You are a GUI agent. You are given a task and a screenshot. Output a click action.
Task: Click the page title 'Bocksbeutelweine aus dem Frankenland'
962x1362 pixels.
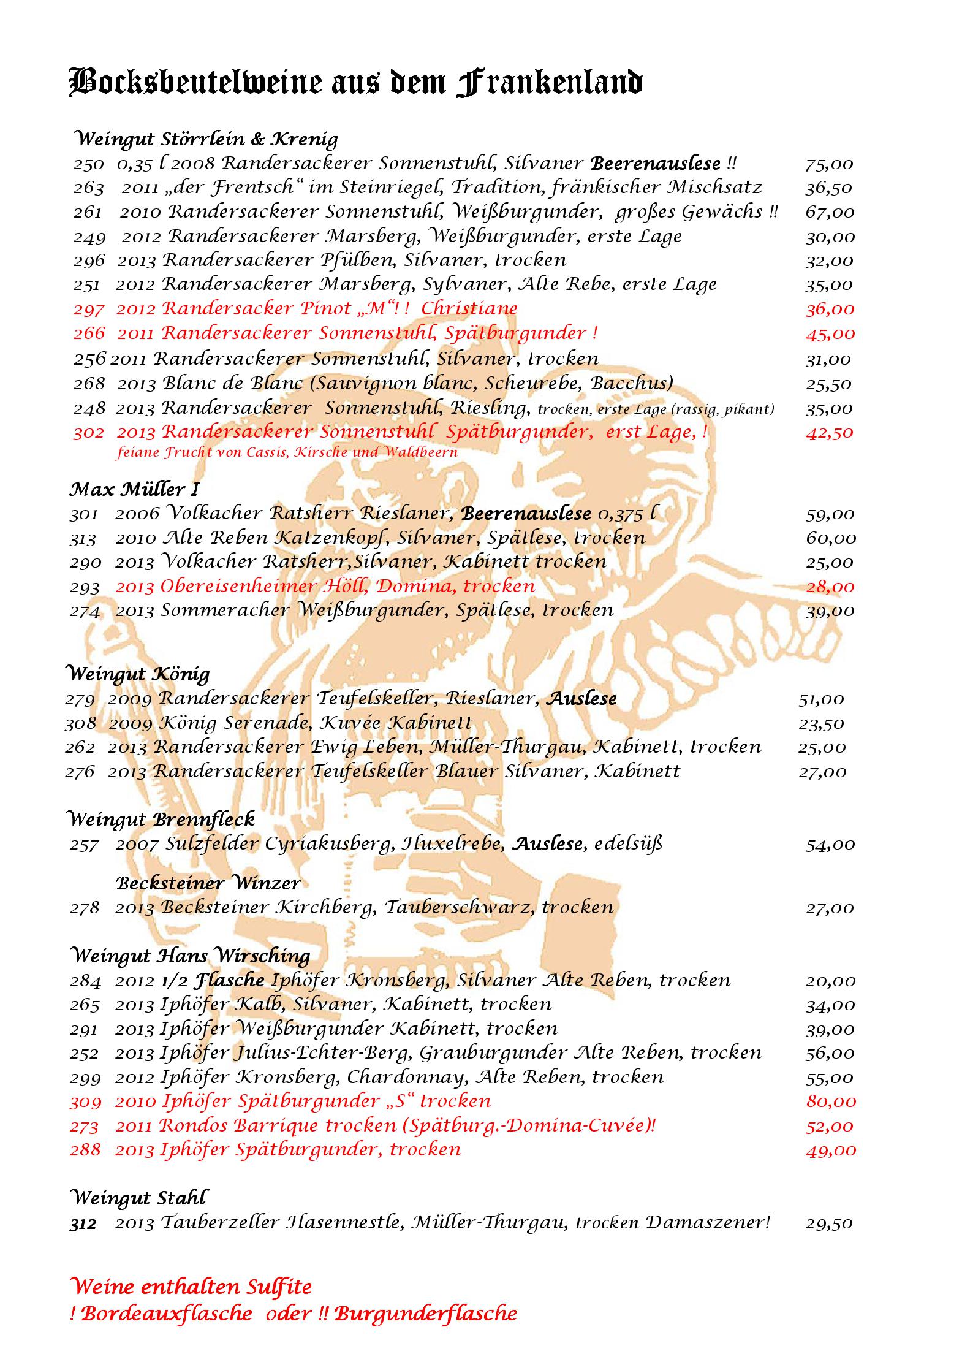(x=355, y=83)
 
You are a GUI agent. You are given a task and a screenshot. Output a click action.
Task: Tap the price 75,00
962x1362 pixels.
(x=829, y=164)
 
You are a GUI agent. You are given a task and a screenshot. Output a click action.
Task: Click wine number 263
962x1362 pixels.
(x=88, y=188)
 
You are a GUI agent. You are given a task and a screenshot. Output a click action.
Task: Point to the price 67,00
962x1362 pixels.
(x=829, y=213)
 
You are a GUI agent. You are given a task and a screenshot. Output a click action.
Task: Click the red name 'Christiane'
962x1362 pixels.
(x=469, y=308)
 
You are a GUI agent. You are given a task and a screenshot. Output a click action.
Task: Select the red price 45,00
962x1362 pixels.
(x=829, y=334)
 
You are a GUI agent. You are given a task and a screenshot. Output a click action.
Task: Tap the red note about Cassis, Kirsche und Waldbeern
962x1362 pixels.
(x=287, y=453)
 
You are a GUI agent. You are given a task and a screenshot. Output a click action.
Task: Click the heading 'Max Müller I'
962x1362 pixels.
(x=134, y=489)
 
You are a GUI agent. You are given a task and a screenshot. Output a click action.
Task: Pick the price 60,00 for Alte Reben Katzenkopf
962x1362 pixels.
(x=830, y=538)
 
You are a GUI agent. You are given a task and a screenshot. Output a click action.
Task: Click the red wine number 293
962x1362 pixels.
(x=85, y=587)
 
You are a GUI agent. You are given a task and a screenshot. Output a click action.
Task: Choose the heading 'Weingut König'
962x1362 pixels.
(x=137, y=674)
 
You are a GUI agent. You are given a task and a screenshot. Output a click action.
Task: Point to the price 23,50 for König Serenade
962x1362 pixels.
(x=821, y=724)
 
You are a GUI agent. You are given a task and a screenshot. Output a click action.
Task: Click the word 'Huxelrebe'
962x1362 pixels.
(x=453, y=844)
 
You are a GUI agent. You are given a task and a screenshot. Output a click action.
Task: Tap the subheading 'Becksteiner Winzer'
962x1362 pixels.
(x=208, y=883)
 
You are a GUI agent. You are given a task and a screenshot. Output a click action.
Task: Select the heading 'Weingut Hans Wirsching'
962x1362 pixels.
(x=190, y=956)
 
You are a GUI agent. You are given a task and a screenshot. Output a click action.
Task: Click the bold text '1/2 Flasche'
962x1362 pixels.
(x=212, y=980)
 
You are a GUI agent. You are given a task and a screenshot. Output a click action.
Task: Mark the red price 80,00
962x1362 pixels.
(x=830, y=1101)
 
